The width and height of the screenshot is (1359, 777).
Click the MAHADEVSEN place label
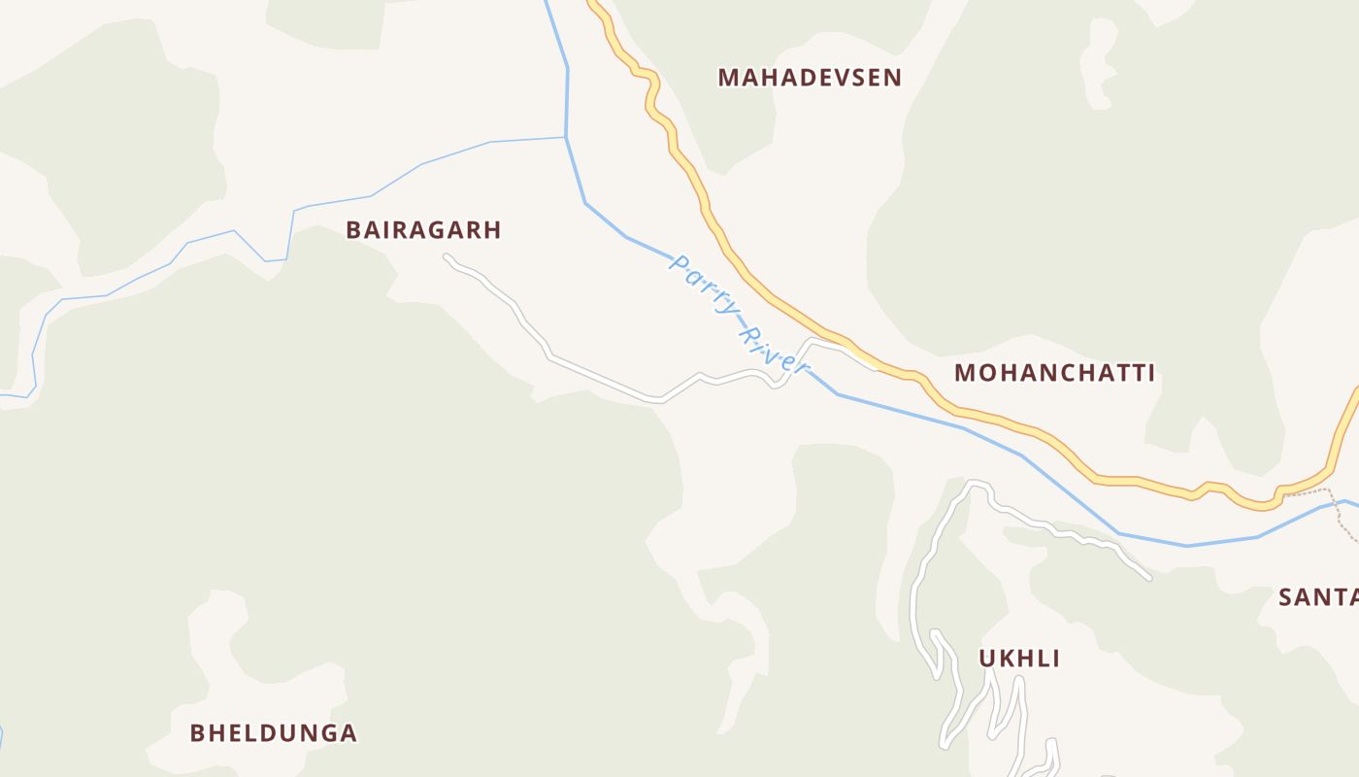tap(810, 78)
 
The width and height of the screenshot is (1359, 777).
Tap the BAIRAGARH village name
tap(423, 230)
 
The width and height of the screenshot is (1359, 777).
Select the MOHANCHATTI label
tap(1054, 373)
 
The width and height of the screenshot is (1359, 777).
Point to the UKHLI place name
tap(1018, 659)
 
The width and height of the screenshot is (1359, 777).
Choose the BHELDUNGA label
tap(274, 732)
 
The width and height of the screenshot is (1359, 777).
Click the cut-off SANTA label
tap(1317, 597)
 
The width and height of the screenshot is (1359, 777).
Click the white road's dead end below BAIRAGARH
tap(447, 257)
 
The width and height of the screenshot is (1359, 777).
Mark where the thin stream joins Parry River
tap(566, 138)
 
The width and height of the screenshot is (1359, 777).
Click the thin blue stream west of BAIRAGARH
tap(233, 232)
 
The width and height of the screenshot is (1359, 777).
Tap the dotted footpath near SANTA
tap(1343, 520)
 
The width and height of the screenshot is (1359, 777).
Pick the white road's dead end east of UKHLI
tap(1148, 577)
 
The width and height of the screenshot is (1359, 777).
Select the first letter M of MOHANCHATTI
tap(965, 373)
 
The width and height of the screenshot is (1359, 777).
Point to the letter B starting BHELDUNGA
tap(197, 732)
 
